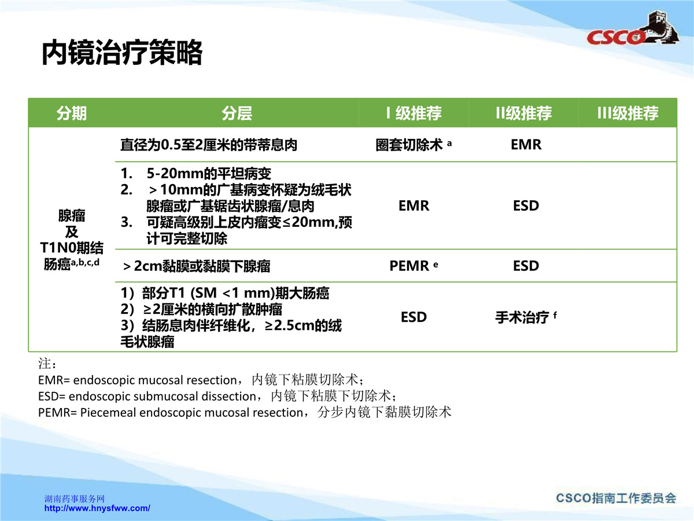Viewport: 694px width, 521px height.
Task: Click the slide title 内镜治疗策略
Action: point(121,52)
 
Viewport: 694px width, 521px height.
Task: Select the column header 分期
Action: point(72,113)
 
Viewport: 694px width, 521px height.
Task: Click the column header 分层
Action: point(237,113)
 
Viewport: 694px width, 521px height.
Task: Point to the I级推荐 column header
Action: point(414,113)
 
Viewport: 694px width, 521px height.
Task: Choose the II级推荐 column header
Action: point(523,113)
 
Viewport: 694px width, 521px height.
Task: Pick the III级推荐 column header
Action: point(628,113)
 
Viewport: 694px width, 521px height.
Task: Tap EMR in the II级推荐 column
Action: point(526,145)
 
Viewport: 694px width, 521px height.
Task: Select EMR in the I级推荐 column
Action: point(414,206)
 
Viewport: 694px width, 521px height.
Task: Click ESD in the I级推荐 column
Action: point(414,317)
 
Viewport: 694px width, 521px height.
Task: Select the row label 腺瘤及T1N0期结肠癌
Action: point(72,240)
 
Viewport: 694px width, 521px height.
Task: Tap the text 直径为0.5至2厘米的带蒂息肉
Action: point(209,145)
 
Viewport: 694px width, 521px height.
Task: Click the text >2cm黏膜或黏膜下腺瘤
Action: point(197,266)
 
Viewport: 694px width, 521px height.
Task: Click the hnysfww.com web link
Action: point(97,508)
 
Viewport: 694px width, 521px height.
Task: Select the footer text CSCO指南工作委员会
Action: point(616,498)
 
